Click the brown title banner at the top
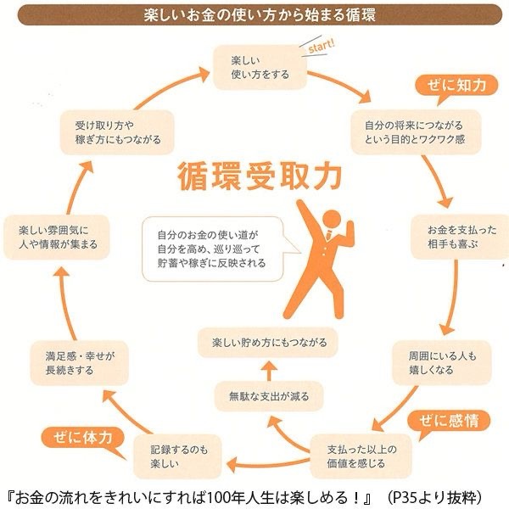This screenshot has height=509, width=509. tap(255, 14)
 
